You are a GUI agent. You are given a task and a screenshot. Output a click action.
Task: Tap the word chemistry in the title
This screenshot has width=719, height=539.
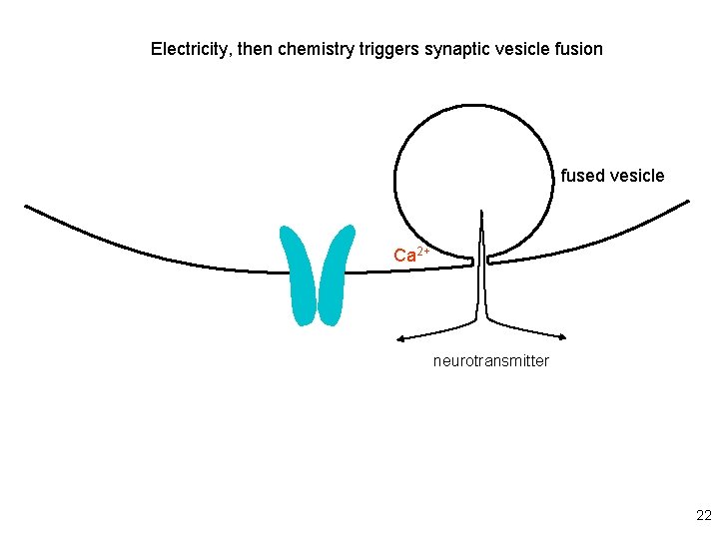click(x=315, y=48)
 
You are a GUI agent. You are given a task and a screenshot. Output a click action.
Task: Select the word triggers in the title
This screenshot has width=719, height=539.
click(x=388, y=48)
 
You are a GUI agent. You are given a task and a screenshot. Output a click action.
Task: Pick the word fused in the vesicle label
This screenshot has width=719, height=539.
click(x=581, y=176)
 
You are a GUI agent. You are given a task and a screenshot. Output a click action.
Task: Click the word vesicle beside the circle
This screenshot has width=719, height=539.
click(x=636, y=176)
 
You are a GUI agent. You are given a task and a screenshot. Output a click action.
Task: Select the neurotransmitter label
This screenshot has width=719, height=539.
click(x=490, y=360)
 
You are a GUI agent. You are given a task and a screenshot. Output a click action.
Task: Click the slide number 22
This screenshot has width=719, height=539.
click(x=703, y=515)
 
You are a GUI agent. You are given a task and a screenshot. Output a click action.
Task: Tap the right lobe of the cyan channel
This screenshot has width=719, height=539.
click(x=335, y=274)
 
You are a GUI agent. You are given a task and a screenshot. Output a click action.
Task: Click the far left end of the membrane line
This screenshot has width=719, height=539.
click(x=27, y=208)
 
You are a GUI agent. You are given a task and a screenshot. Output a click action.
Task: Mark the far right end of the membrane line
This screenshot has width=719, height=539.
click(x=687, y=202)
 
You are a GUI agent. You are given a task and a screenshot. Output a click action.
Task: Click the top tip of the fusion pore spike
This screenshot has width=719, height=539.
click(x=482, y=213)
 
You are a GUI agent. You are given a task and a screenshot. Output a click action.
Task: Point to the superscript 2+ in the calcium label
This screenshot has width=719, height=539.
click(x=423, y=250)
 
